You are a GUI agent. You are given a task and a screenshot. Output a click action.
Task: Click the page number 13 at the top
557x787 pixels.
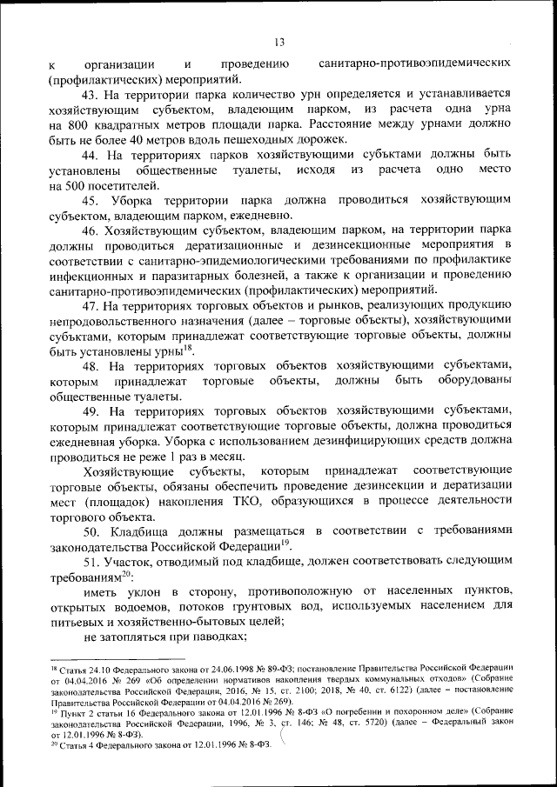(278, 42)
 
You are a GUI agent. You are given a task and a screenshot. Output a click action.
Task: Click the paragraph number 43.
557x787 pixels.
(90, 94)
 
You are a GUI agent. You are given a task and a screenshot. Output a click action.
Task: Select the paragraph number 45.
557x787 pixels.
(90, 201)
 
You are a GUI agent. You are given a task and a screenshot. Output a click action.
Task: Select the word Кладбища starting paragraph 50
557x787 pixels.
(143, 531)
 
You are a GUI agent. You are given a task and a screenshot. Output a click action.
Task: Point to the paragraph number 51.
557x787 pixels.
(90, 562)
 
